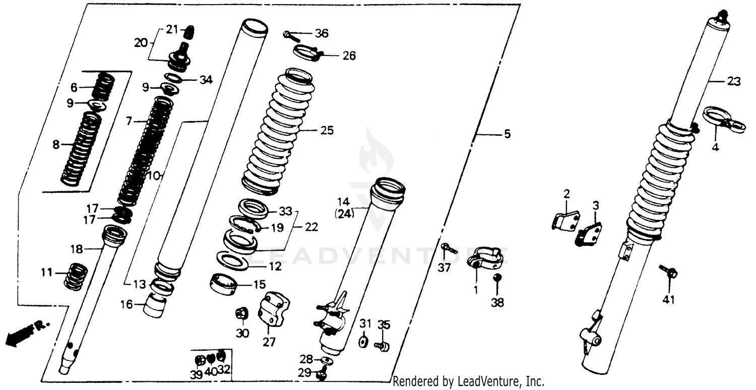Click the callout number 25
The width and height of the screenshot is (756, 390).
tap(327, 131)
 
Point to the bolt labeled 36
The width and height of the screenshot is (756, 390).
tap(291, 35)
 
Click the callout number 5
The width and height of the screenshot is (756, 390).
tap(507, 134)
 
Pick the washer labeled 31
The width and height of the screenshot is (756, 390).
tap(362, 342)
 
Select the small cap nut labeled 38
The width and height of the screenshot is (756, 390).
tap(496, 277)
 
